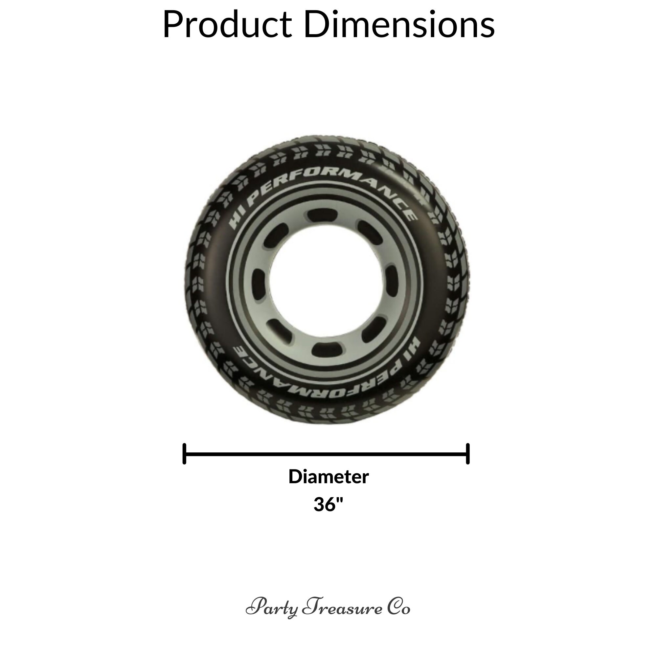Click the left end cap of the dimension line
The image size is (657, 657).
tap(184, 454)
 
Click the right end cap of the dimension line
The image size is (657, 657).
tap(468, 454)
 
